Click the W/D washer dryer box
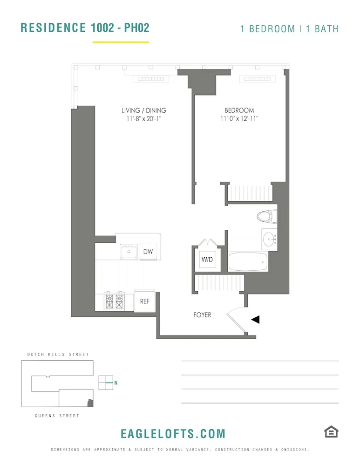[207, 260]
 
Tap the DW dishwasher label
[148, 252]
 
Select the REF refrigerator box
[145, 301]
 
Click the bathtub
[248, 262]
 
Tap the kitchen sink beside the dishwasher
[128, 252]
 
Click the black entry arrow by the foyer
[255, 319]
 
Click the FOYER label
[202, 315]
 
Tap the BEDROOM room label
[239, 110]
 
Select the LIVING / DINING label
[144, 110]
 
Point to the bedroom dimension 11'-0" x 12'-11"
[239, 119]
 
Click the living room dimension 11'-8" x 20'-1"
[144, 119]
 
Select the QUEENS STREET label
[57, 416]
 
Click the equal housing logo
[331, 432]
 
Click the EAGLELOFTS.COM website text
[173, 434]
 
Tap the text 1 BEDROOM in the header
[267, 28]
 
